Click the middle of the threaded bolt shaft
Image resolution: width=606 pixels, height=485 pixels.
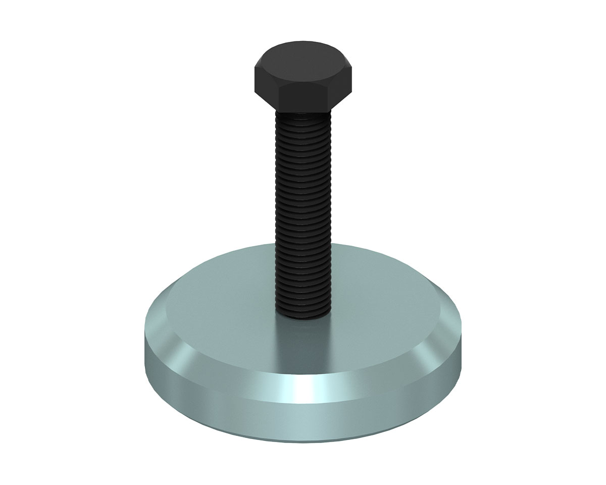point(302,212)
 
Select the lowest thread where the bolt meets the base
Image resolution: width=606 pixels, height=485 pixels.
point(302,314)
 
